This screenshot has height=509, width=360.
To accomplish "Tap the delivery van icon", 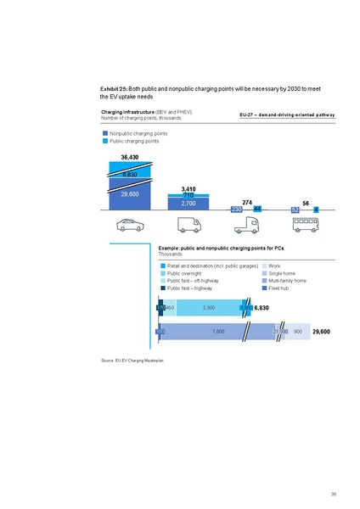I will (188, 225).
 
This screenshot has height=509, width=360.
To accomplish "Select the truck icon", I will (247, 225).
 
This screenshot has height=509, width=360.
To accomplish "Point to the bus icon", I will (306, 225).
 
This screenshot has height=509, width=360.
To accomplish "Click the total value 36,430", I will (125, 158).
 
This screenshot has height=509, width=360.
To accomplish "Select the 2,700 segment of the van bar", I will (188, 204).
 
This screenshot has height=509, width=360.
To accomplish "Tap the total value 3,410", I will (188, 187).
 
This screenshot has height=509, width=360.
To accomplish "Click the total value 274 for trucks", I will (247, 202).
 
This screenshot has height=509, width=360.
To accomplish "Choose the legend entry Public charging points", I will (134, 141).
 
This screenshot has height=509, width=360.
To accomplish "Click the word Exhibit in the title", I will (111, 89).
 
